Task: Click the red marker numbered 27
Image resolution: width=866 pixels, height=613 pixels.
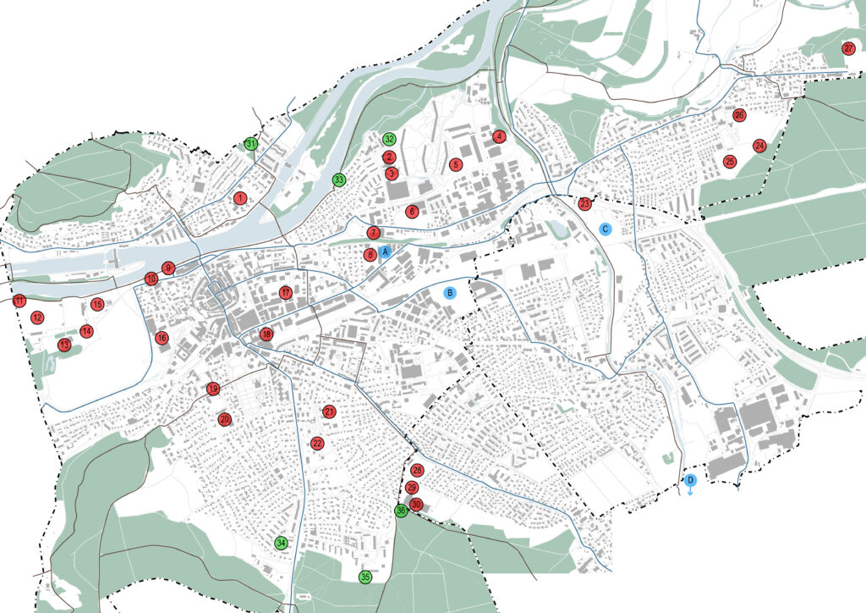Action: tap(848, 48)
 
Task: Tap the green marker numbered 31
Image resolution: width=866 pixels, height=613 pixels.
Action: tap(251, 144)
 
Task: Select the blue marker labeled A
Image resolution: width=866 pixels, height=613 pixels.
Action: tap(384, 251)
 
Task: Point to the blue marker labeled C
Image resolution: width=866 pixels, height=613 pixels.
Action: tap(606, 229)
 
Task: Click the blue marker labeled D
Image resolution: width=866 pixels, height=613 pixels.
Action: tap(690, 481)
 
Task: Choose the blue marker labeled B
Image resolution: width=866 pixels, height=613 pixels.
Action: tap(450, 293)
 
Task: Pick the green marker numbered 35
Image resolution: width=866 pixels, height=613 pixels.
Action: tap(365, 577)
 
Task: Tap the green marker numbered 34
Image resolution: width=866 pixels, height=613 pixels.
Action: tap(282, 543)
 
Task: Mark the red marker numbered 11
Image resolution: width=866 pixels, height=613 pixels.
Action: tap(19, 301)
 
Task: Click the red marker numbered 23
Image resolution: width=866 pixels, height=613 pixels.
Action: tap(585, 203)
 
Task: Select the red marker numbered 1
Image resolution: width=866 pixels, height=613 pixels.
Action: tap(240, 198)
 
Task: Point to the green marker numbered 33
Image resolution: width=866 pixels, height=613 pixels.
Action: tap(338, 179)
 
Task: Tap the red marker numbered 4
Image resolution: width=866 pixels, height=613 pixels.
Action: tap(499, 135)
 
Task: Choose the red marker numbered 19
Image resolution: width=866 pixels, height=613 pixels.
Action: tap(213, 389)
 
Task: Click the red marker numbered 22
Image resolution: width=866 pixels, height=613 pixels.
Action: tap(317, 443)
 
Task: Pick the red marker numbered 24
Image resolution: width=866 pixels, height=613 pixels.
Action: tap(759, 146)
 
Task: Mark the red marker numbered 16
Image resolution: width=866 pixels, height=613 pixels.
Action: tap(162, 339)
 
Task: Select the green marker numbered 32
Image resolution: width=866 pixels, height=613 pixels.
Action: tap(389, 139)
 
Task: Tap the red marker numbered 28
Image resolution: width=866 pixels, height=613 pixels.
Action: tap(416, 470)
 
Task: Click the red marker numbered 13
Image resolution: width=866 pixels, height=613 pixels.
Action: tap(64, 345)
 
